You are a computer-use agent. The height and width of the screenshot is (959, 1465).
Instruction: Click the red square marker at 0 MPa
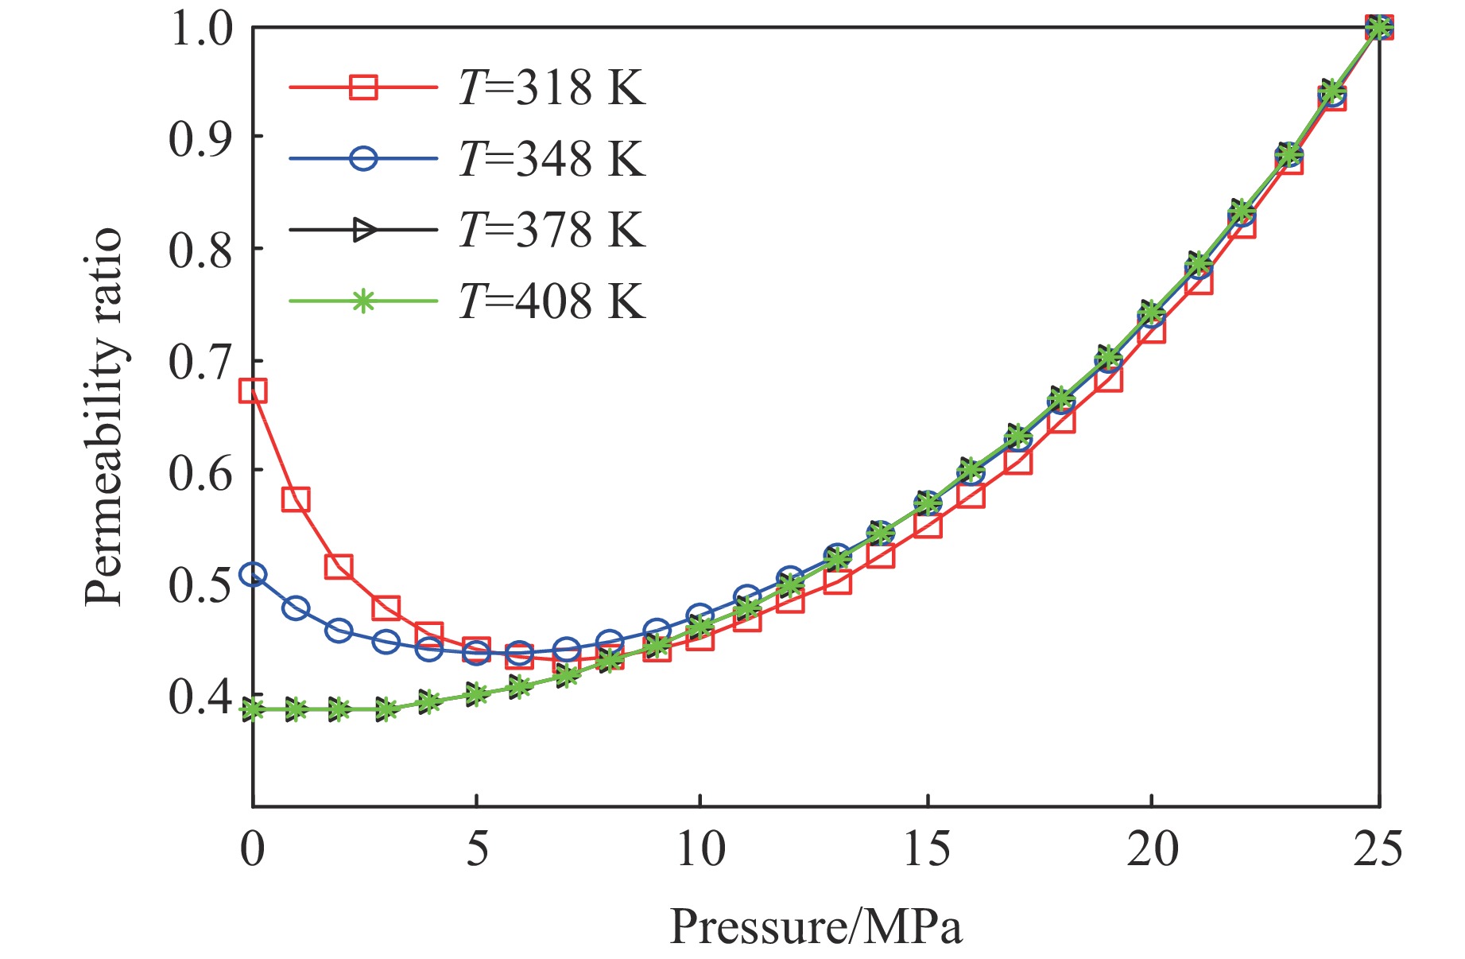point(253,390)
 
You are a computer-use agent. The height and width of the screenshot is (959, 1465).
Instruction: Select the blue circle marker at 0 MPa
point(253,574)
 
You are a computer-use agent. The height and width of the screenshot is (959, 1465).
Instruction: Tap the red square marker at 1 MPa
point(296,499)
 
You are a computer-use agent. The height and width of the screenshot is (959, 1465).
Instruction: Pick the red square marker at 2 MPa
point(339,567)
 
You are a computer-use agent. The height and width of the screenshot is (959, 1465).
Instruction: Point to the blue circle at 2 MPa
point(339,631)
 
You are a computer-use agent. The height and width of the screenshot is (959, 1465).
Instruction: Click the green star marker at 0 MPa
point(253,709)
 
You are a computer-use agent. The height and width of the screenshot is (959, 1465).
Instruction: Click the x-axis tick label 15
point(927,848)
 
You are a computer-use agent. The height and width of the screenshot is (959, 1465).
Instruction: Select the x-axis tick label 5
point(476,848)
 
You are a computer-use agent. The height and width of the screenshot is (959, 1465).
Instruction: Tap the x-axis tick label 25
point(1378,848)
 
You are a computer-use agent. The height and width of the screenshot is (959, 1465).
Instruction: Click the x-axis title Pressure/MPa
point(816,926)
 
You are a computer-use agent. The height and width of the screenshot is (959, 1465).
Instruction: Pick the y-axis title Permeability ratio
point(105,417)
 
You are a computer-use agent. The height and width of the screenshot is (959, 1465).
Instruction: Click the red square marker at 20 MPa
point(1152,329)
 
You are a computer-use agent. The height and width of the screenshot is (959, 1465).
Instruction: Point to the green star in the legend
point(363,301)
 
